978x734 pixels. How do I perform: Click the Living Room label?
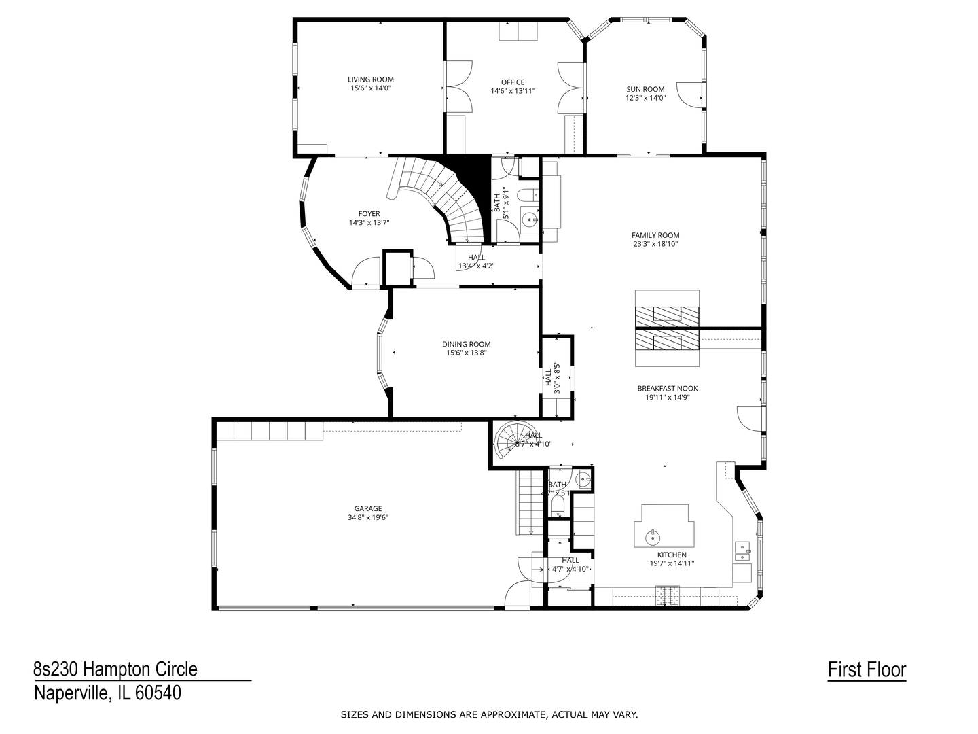coord(371,80)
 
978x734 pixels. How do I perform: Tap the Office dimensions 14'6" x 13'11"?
coord(513,91)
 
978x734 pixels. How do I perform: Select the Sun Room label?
coord(645,89)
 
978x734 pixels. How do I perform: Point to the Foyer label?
coord(369,214)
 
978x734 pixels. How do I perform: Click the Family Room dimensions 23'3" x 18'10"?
coord(655,244)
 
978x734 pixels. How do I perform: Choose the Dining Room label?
coord(466,344)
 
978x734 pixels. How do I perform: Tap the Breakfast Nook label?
coord(667,389)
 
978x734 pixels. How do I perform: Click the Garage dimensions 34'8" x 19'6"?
coord(368,517)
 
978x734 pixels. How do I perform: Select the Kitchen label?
coord(671,555)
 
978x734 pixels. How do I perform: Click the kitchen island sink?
coord(653,536)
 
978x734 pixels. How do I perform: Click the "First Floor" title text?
coord(867,670)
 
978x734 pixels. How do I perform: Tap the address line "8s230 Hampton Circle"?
coord(115,669)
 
